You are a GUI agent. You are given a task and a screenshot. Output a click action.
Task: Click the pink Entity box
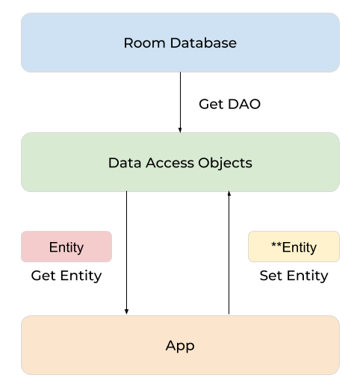coord(66,247)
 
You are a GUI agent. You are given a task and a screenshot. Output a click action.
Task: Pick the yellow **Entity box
coord(294,247)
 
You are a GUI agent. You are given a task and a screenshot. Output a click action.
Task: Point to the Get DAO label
coord(229,104)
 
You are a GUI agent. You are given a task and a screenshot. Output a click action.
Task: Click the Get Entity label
coord(66,276)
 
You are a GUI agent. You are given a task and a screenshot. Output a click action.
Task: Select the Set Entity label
coord(294,276)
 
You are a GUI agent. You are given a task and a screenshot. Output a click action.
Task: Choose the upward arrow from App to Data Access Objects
coord(229,254)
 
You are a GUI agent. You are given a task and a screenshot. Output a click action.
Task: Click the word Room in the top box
coord(142,43)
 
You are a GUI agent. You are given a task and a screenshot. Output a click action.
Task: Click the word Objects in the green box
coord(226,163)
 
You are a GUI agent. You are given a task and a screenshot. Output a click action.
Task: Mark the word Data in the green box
coord(123,163)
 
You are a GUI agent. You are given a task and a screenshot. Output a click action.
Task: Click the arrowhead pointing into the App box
coord(126,311)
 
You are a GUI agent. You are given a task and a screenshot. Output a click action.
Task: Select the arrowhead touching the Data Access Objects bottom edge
coord(229,194)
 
